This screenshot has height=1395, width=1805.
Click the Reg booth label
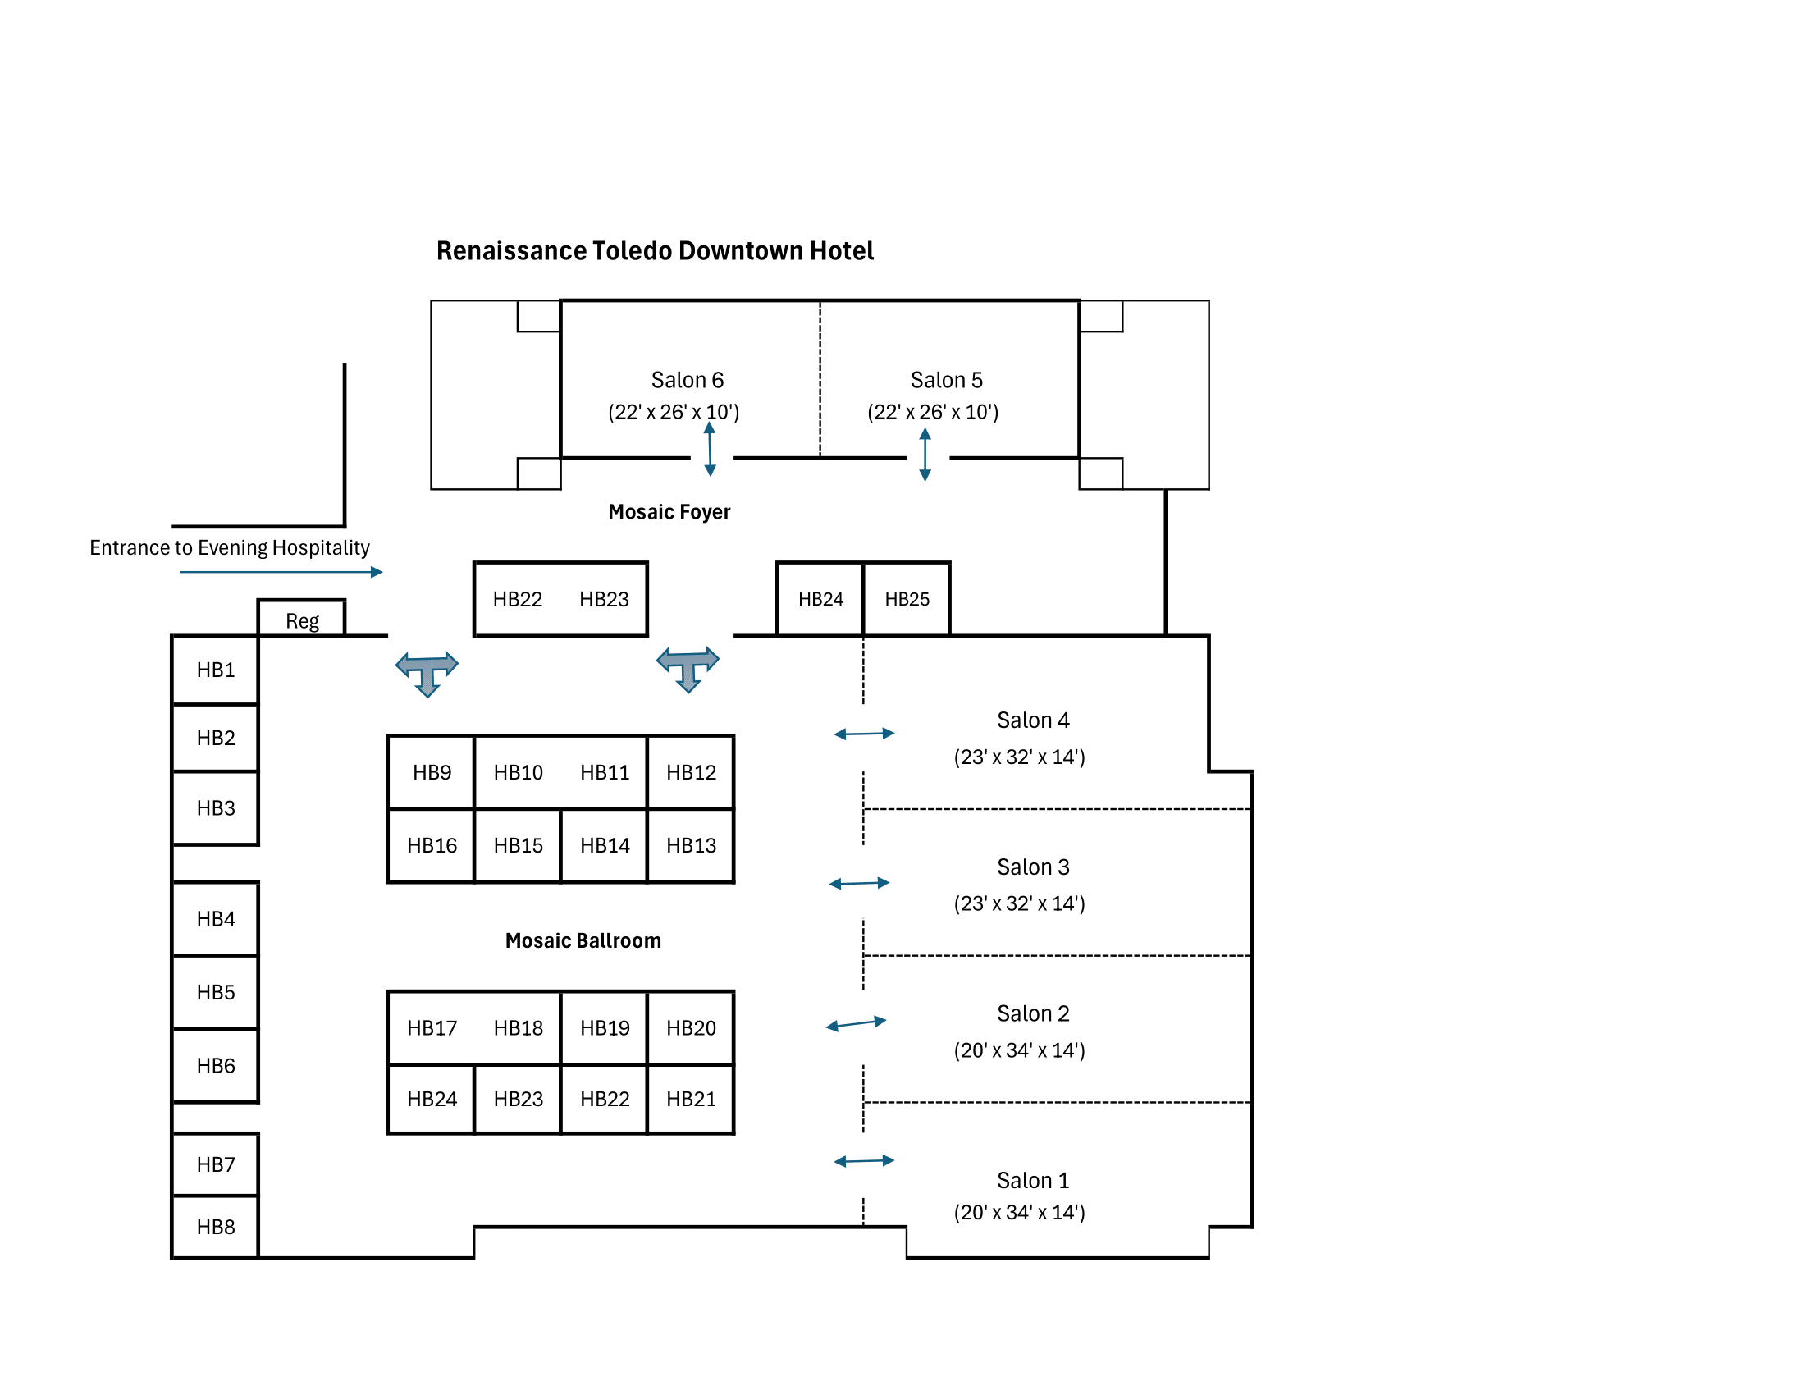click(302, 620)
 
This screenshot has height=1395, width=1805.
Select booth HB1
click(216, 670)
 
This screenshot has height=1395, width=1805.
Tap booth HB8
click(216, 1227)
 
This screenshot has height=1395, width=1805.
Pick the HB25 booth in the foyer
click(907, 599)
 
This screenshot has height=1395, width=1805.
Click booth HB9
click(432, 772)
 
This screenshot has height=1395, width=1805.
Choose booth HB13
click(691, 845)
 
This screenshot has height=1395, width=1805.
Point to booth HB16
click(432, 845)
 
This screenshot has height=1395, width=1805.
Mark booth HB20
click(691, 1027)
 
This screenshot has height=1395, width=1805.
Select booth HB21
click(691, 1098)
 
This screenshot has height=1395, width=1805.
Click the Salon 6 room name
click(687, 380)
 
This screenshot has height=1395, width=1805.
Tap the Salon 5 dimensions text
click(933, 412)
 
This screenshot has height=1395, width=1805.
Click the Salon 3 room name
click(1032, 867)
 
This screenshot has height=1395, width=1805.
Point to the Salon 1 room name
click(1032, 1180)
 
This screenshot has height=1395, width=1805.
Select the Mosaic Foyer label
click(669, 511)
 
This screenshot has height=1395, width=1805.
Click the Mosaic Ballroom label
click(583, 940)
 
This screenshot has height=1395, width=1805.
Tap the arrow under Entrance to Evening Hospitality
click(281, 572)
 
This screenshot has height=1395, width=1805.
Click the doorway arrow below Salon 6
click(710, 450)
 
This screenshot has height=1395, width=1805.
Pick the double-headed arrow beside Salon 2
click(856, 1024)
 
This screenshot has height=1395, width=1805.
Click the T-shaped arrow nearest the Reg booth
click(427, 672)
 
